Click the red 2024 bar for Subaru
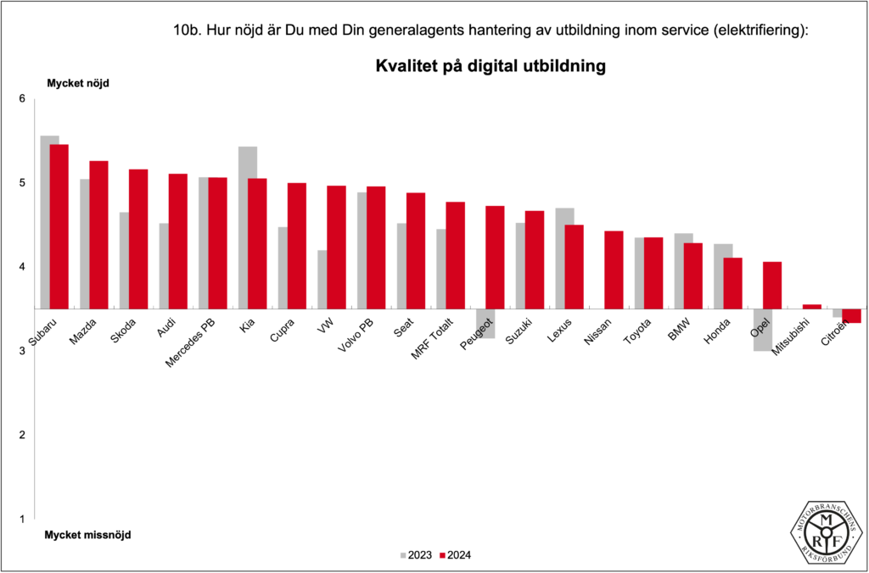(x=59, y=226)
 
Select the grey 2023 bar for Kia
(x=248, y=227)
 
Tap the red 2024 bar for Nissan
(x=614, y=270)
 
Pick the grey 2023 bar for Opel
(x=761, y=330)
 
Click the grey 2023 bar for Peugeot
(x=485, y=324)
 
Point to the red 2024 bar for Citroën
(x=852, y=316)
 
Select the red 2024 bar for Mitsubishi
(x=812, y=306)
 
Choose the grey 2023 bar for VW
(x=322, y=279)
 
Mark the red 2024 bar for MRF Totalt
(x=456, y=255)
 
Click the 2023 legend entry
(x=416, y=555)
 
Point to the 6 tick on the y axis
(x=24, y=99)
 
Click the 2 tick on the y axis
(x=24, y=435)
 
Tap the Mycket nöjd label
(x=78, y=83)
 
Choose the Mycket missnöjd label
(x=88, y=535)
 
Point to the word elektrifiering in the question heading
(x=755, y=31)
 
